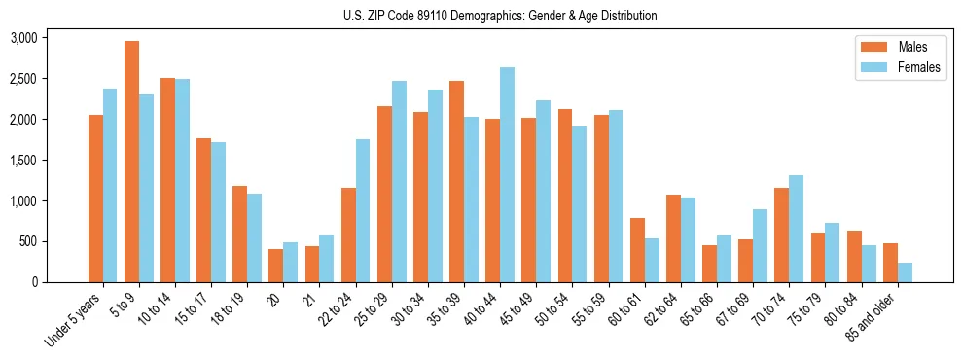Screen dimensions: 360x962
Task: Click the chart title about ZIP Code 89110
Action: (x=500, y=16)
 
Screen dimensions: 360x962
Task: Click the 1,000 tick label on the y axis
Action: (x=22, y=201)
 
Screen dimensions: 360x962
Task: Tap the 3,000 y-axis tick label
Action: (x=22, y=38)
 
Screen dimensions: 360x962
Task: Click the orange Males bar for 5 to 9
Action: (x=131, y=162)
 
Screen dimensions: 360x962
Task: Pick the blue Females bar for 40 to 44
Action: (x=507, y=175)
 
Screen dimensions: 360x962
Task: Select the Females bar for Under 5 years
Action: (x=110, y=186)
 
